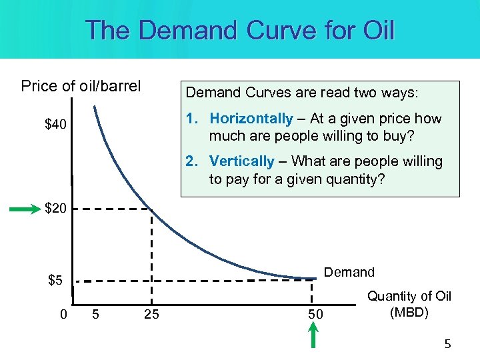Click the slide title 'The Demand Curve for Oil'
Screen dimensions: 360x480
pos(240,30)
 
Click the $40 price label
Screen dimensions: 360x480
pos(55,125)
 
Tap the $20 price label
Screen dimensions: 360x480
pos(55,209)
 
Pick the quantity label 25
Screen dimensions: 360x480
pos(151,314)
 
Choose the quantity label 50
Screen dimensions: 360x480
pos(315,314)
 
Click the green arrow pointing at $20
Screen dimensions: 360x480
pos(24,209)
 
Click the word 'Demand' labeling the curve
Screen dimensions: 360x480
pos(349,272)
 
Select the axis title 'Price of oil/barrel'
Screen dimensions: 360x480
pos(81,86)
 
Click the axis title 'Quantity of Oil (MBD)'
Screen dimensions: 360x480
pos(409,304)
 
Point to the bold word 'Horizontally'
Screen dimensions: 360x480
pos(251,119)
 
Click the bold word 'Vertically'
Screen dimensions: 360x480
pos(241,161)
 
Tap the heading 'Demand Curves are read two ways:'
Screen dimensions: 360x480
pos(302,93)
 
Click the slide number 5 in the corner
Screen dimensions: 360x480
pos(447,345)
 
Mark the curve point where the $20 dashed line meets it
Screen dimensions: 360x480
pos(152,209)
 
